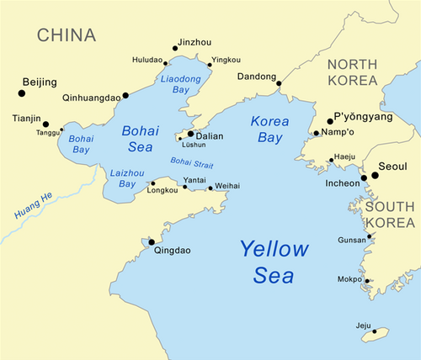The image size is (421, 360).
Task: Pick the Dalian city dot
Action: click(190, 133)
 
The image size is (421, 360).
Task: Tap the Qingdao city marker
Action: click(152, 241)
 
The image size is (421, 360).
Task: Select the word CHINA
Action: click(66, 34)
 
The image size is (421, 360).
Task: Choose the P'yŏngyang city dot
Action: click(330, 121)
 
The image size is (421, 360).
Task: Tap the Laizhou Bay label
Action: click(123, 177)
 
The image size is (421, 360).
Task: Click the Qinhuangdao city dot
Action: click(125, 96)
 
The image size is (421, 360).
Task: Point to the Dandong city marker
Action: click(277, 83)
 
